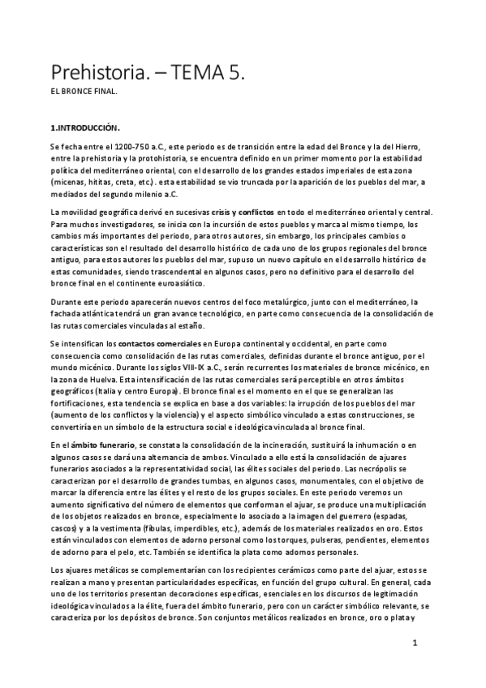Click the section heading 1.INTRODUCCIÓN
[85, 128]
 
